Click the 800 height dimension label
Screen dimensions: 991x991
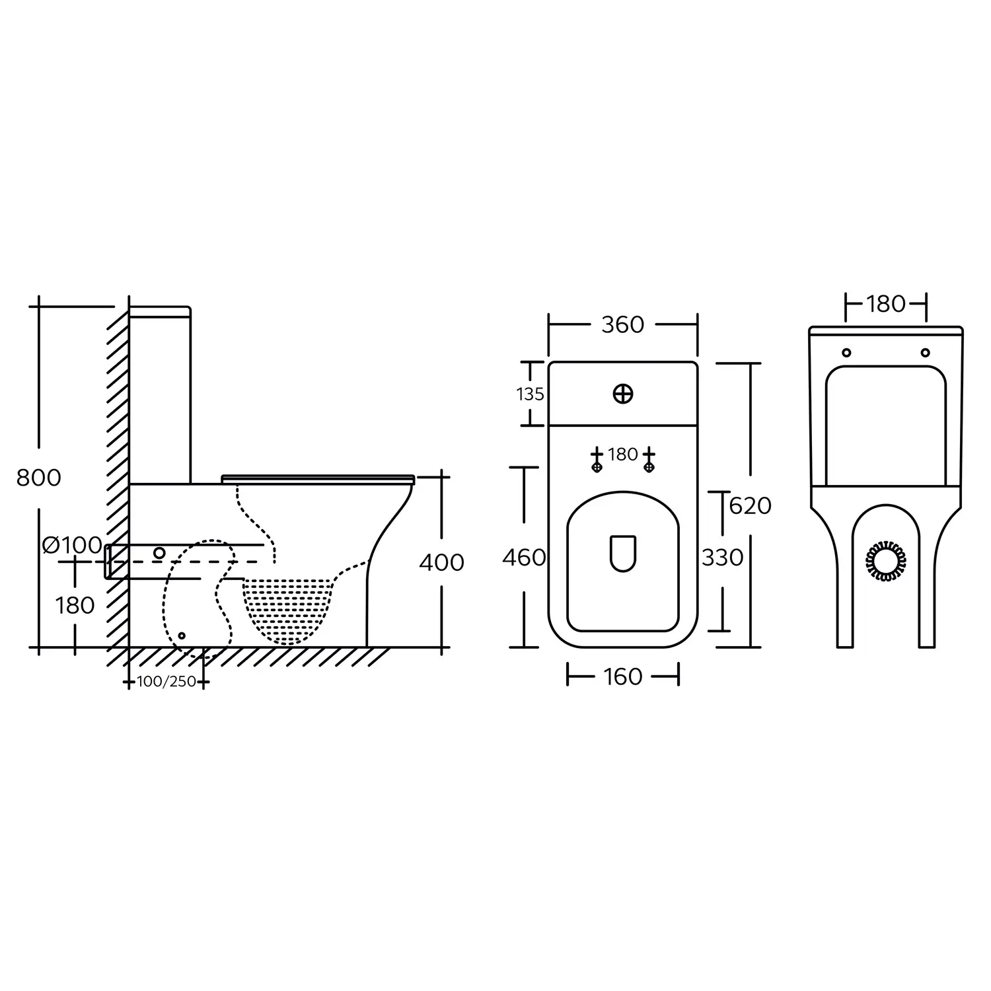point(39,477)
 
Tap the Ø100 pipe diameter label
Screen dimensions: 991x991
point(72,546)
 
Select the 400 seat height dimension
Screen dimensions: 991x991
point(441,562)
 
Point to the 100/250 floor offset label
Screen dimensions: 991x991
point(166,682)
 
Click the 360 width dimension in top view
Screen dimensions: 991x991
point(622,324)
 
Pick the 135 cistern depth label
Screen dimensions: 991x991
point(530,394)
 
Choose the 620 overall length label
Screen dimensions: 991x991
point(751,505)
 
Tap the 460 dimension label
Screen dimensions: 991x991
point(524,558)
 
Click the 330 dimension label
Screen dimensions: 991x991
point(723,558)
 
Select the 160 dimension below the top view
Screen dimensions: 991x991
point(622,677)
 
